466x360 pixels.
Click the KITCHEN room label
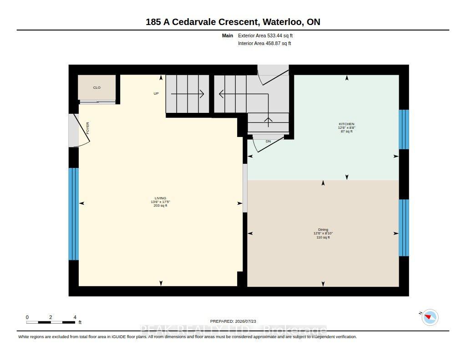point(346,124)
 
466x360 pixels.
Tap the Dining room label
point(323,229)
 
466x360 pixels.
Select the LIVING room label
point(161,198)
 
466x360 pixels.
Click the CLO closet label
point(97,88)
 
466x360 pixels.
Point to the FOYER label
point(88,128)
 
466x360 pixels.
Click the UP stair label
point(156,94)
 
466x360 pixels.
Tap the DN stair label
point(268,142)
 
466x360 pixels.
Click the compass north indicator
point(430,317)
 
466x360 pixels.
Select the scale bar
point(51,322)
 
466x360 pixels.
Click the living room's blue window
point(74,214)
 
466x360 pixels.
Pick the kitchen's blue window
point(404,129)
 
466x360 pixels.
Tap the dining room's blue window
point(404,228)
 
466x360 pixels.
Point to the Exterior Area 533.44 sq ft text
point(265,35)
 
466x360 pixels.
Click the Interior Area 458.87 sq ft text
point(264,43)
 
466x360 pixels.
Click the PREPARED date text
point(233,321)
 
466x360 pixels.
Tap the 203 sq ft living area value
point(161,206)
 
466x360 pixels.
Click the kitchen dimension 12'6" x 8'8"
point(346,127)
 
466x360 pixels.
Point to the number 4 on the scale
point(75,317)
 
